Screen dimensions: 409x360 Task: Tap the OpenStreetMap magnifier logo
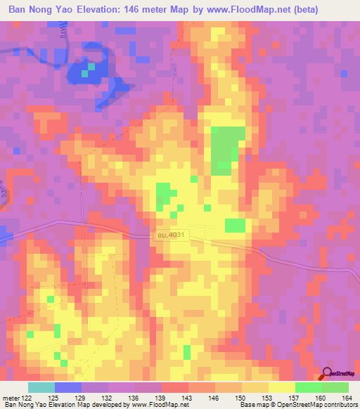pos(328,375)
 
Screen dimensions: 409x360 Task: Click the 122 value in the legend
pos(27,398)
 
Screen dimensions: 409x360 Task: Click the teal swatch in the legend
pos(41,387)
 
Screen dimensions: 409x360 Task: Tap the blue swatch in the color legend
pos(68,387)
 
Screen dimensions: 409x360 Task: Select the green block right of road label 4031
pos(235,226)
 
